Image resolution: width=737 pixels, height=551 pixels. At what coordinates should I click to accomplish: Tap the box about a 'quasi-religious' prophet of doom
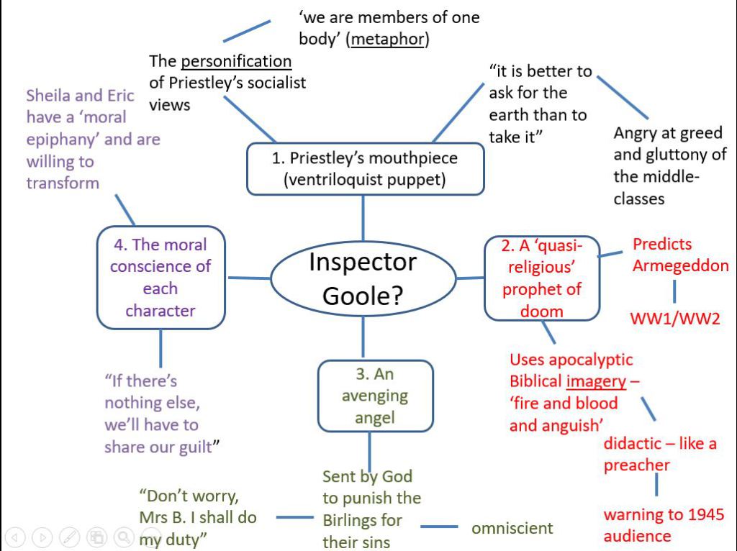542,278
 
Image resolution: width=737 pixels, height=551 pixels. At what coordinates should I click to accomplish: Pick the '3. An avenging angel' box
375,396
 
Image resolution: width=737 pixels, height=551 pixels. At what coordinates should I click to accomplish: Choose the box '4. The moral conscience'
160,278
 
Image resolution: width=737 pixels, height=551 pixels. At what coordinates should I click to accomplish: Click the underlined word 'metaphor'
387,39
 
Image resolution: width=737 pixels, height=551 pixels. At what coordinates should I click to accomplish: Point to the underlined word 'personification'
236,61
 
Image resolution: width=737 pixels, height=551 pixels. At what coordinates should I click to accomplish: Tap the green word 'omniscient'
512,528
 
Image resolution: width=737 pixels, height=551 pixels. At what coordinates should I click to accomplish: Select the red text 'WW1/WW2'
675,318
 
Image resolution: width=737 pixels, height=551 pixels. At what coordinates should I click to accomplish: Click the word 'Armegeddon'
680,265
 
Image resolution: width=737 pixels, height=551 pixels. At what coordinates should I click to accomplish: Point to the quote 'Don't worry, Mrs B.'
197,517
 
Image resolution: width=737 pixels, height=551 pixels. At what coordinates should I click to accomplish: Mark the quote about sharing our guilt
161,414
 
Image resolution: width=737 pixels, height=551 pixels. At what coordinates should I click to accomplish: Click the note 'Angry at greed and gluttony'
669,165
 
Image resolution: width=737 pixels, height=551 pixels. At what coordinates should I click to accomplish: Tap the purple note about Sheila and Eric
93,139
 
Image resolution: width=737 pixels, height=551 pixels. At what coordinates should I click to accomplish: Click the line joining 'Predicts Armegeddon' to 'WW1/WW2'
674,291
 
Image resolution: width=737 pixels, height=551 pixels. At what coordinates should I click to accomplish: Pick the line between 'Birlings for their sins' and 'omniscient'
439,528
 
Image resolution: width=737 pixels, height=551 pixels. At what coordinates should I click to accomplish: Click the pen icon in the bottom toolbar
70,537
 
